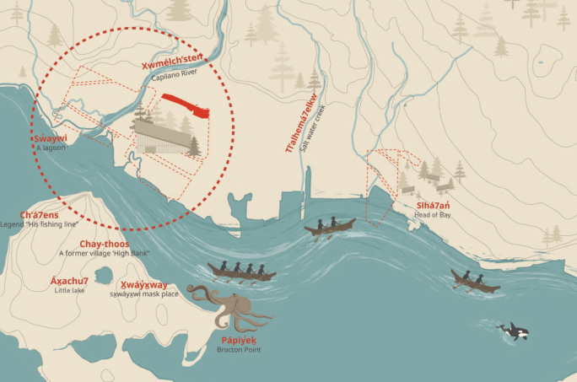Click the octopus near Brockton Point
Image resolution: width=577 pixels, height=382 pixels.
tap(229, 305)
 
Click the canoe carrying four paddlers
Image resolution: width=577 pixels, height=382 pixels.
tap(241, 272)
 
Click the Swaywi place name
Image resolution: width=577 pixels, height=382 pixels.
tap(50, 137)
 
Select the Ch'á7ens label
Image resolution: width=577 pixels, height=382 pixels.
tap(39, 215)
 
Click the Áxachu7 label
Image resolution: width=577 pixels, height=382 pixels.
tap(70, 280)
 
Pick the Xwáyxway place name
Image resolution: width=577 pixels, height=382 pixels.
tap(143, 284)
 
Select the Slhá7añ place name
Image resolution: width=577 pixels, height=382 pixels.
tap(433, 205)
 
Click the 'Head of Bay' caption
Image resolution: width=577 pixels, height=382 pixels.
tap(432, 215)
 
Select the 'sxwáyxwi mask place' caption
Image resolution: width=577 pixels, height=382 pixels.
tap(143, 293)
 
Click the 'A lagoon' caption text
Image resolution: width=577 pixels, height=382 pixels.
tap(50, 148)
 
